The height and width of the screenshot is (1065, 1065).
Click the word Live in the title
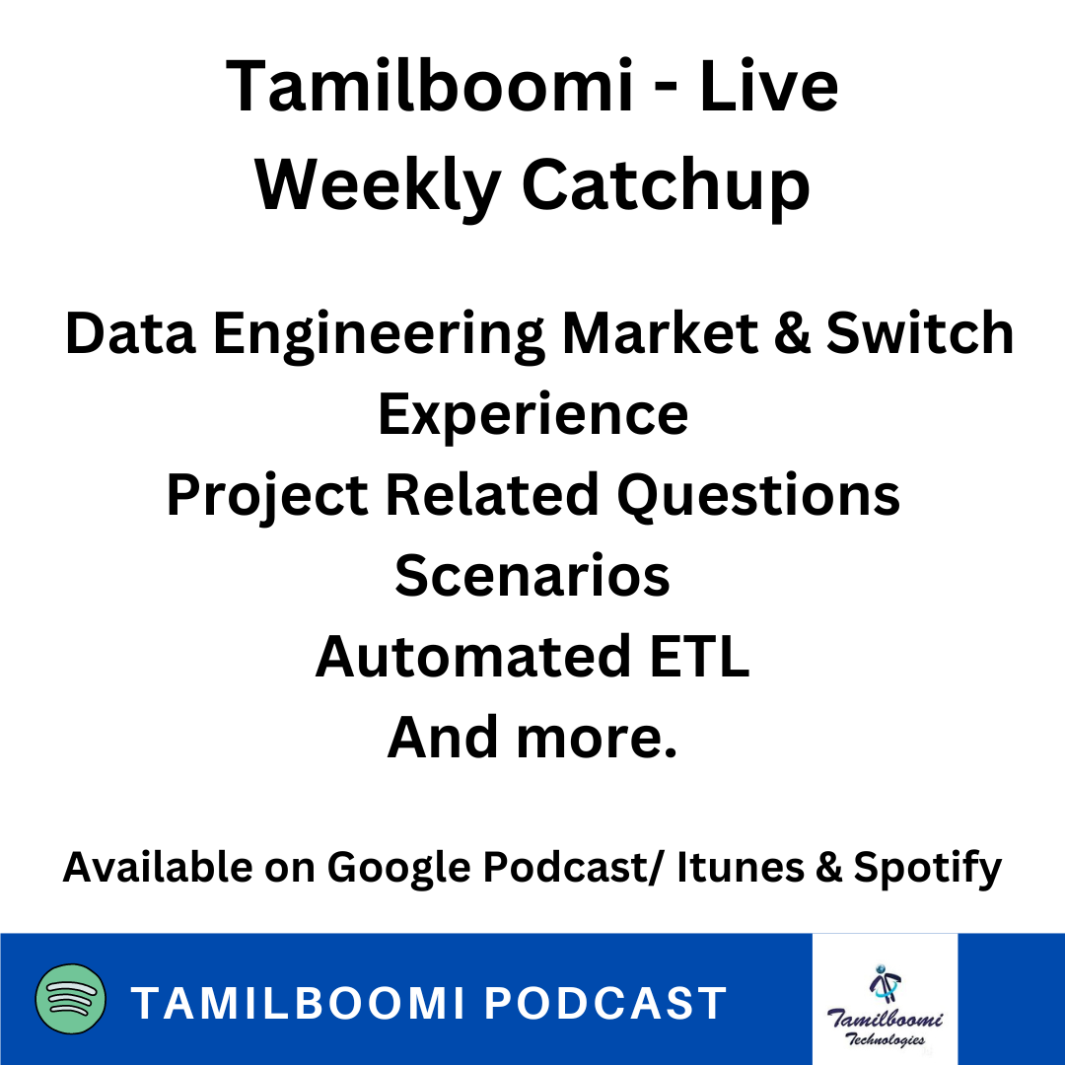[769, 86]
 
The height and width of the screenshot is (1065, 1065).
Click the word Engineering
[379, 336]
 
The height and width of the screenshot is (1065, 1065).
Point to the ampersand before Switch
[792, 333]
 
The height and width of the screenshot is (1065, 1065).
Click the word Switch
[920, 333]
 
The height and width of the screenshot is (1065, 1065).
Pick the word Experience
[533, 416]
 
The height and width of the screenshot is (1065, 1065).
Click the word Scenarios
[532, 576]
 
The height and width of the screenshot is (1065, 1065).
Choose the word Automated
[473, 657]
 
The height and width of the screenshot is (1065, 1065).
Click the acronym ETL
[699, 657]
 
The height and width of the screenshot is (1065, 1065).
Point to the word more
[597, 738]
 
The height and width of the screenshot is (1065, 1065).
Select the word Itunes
[741, 868]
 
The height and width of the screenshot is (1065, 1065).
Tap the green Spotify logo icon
[71, 998]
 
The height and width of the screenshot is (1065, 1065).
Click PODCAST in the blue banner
[605, 1004]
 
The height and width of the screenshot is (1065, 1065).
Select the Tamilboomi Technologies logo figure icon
[885, 983]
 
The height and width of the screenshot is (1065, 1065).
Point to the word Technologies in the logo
[885, 1038]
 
